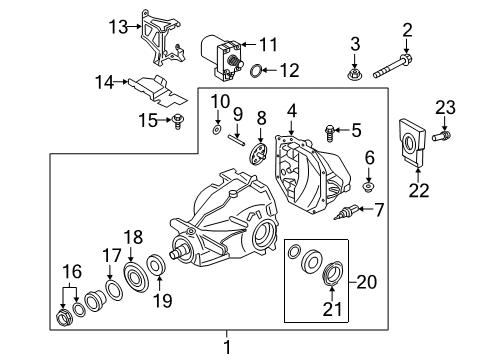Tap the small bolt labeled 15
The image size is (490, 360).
[x=178, y=122]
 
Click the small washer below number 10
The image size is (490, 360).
[x=218, y=130]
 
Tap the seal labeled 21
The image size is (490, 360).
[x=333, y=271]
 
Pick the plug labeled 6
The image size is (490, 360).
[x=368, y=185]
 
